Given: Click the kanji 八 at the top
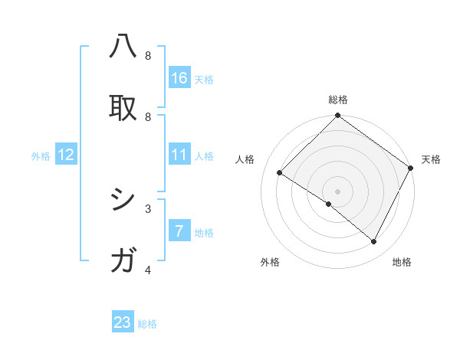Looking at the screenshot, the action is click(x=123, y=48).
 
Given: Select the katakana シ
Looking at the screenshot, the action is click(x=123, y=201).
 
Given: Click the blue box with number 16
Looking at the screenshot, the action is click(x=179, y=77).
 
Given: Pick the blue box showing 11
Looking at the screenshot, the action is click(x=179, y=155).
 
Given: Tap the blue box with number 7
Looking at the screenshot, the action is click(x=179, y=231).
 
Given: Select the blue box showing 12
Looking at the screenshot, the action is click(x=66, y=155).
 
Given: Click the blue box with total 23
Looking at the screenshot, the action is click(x=123, y=322).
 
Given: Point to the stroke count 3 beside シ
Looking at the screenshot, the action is click(x=148, y=208).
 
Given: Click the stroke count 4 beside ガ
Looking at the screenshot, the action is click(x=148, y=270).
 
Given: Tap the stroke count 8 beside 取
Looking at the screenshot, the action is click(x=148, y=116).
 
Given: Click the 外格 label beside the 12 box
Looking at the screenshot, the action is click(x=41, y=156).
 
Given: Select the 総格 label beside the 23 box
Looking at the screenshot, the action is click(x=147, y=324).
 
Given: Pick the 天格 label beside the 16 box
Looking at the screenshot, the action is click(x=203, y=80).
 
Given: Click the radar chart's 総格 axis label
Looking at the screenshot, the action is click(x=338, y=100).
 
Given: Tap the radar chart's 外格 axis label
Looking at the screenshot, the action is click(x=270, y=262).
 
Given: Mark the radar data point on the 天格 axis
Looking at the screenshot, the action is click(x=410, y=168).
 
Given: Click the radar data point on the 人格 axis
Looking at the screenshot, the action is click(x=280, y=173).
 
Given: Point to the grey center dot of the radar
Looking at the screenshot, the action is click(x=338, y=191).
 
